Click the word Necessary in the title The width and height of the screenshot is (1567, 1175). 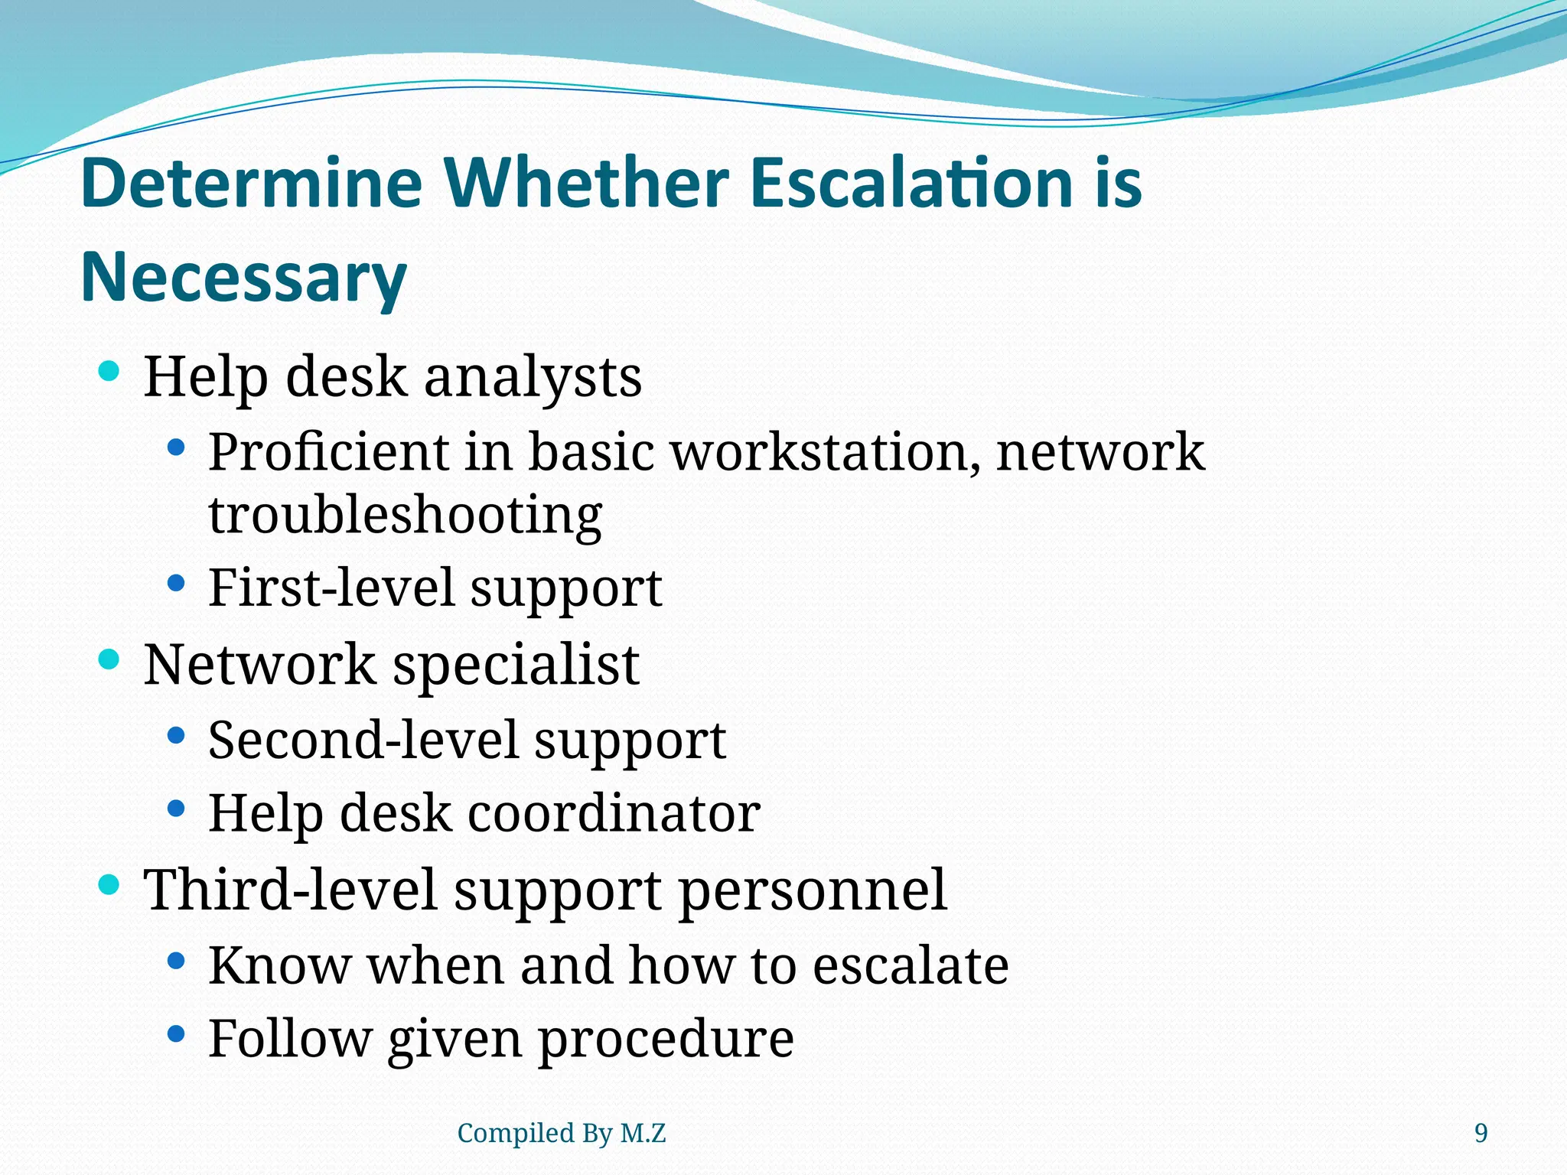click(x=243, y=278)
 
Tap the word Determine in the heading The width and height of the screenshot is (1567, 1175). click(x=252, y=184)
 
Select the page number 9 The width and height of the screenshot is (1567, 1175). click(x=1481, y=1133)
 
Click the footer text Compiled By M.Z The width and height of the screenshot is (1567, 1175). click(x=561, y=1133)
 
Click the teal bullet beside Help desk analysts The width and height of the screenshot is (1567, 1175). click(x=109, y=373)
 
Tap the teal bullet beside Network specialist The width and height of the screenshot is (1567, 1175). click(x=109, y=659)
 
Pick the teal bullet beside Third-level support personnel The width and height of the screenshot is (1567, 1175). click(x=109, y=885)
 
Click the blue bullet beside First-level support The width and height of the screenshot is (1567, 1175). click(x=176, y=584)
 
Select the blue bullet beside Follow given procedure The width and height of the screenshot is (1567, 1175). click(x=176, y=1034)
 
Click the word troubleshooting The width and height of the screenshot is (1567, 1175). click(x=405, y=516)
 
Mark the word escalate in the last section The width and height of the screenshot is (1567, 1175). click(x=910, y=965)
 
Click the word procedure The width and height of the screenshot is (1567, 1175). click(x=666, y=1039)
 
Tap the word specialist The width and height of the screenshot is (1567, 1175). click(x=516, y=664)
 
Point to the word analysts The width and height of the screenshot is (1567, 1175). click(x=533, y=377)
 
